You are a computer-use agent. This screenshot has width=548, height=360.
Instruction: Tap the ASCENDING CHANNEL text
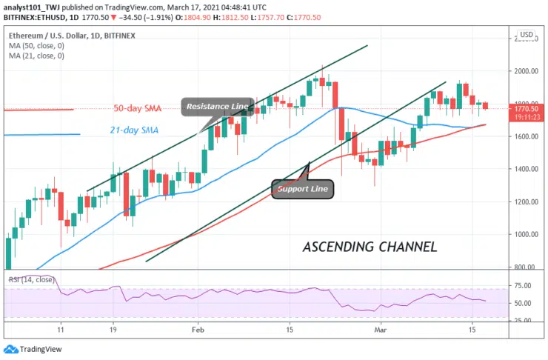coord(370,247)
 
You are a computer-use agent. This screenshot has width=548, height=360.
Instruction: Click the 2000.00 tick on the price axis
coord(527,72)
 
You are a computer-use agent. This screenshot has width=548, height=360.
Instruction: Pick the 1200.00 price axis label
coord(527,202)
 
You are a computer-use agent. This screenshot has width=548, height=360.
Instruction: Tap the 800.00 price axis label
coord(527,267)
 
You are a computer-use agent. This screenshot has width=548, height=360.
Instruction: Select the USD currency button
coord(527,35)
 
